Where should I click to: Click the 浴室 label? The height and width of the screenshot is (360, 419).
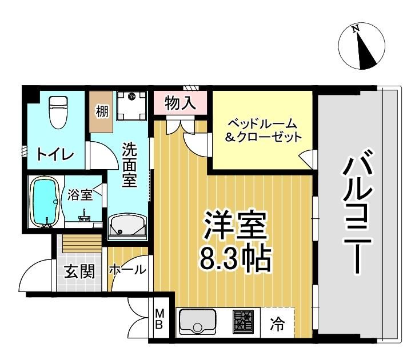point(79,194)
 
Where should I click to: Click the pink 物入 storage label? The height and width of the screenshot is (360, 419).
point(180,104)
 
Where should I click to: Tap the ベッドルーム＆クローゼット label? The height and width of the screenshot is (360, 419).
point(263,130)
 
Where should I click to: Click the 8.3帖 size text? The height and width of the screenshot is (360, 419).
point(234,259)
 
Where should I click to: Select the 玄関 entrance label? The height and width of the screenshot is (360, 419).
point(79,271)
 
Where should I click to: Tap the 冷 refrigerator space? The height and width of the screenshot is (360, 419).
point(277,324)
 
